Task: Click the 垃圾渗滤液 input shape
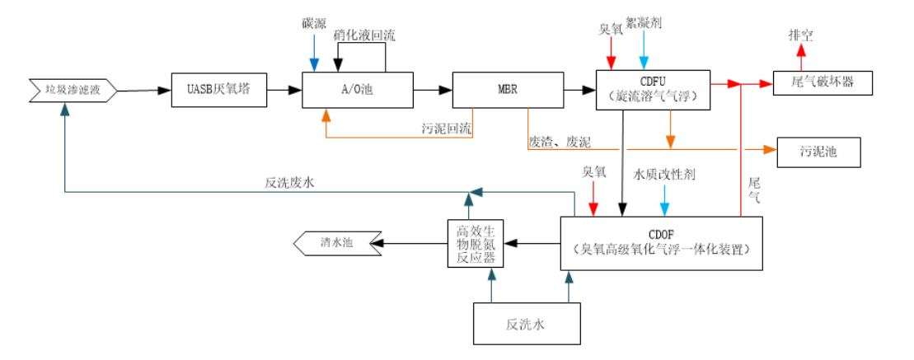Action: (x=73, y=90)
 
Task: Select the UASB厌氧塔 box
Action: (x=220, y=89)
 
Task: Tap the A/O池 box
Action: (x=357, y=89)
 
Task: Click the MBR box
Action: (x=506, y=89)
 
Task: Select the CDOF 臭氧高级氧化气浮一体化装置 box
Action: (x=661, y=242)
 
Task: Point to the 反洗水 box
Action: (x=526, y=324)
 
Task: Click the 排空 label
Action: (x=799, y=35)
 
